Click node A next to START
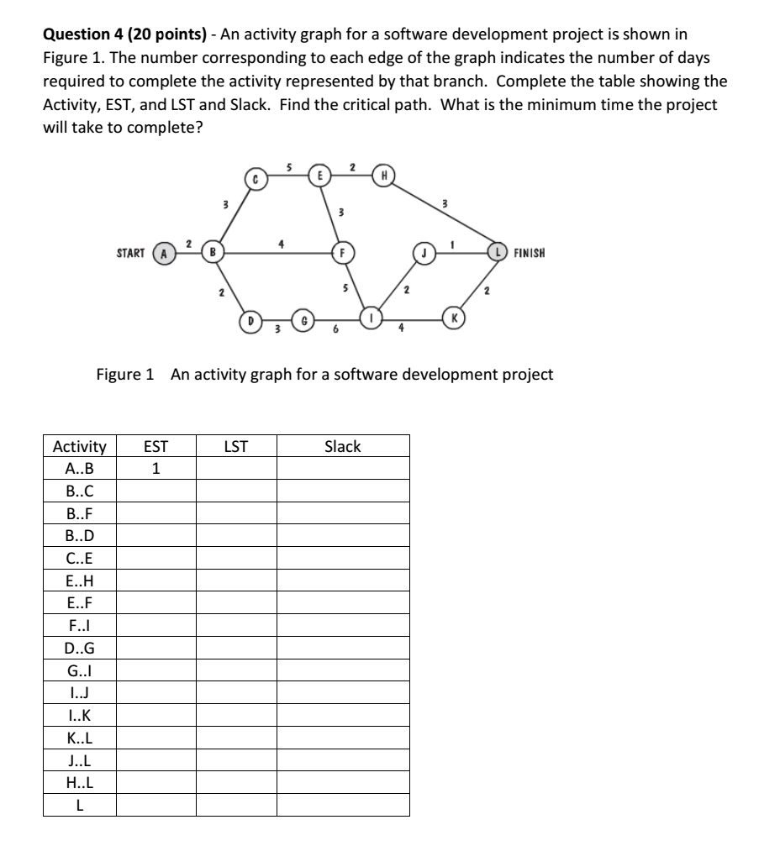point(166,253)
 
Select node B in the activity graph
point(213,252)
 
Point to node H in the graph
point(383,176)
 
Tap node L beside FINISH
point(502,252)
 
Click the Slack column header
point(342,447)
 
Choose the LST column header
point(236,447)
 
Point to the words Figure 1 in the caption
point(125,375)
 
